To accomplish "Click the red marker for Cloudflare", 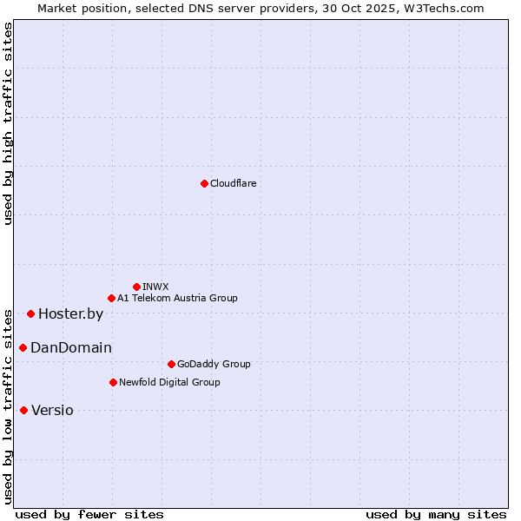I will (204, 183).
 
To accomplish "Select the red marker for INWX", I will (136, 287).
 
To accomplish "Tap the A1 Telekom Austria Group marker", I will (111, 298).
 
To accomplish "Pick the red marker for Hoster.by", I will (30, 313).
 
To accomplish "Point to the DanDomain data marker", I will (23, 347).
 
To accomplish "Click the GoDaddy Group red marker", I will (171, 364).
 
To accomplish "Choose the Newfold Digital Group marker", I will (113, 382).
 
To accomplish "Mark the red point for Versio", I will (23, 410).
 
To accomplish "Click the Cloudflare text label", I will (233, 183).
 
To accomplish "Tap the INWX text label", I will (155, 287).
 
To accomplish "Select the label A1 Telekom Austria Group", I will (177, 298).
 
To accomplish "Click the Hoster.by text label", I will (70, 314).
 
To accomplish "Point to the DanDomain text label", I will (71, 348).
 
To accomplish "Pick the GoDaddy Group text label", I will (214, 364).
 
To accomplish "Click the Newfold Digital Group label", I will (169, 382).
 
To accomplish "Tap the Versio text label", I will (52, 411).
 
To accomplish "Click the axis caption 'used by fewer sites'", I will (89, 514).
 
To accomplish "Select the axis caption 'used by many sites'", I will (436, 514).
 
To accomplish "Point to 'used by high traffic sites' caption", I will (8, 123).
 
